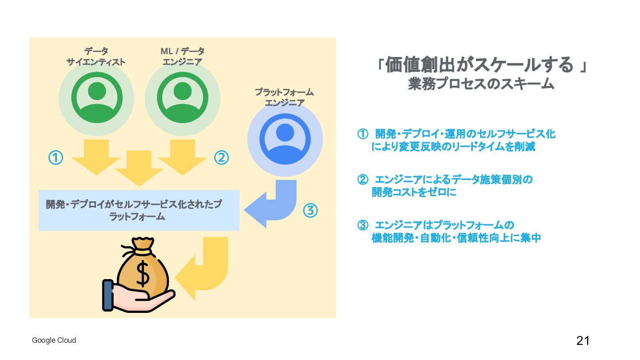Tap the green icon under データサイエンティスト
coord(96,98)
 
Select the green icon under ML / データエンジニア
coord(182,98)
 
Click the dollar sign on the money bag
coord(143,274)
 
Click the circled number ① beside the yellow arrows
coord(56,157)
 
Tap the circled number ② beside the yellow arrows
coord(221,157)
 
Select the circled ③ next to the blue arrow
coord(310,211)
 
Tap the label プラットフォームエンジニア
coord(284,98)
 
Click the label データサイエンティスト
coord(96,57)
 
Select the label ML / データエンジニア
coord(182,57)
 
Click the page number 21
coord(583,341)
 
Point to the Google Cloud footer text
coord(54,340)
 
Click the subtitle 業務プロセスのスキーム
coord(481,84)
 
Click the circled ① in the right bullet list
coord(363,134)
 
